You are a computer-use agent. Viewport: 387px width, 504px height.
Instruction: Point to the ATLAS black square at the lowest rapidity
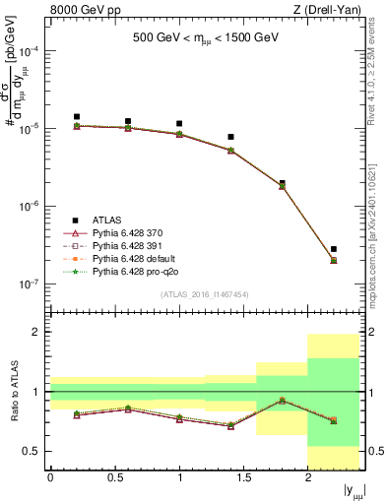pyautogui.click(x=77, y=116)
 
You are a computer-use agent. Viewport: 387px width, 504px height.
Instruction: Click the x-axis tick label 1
pyautogui.click(x=179, y=478)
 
